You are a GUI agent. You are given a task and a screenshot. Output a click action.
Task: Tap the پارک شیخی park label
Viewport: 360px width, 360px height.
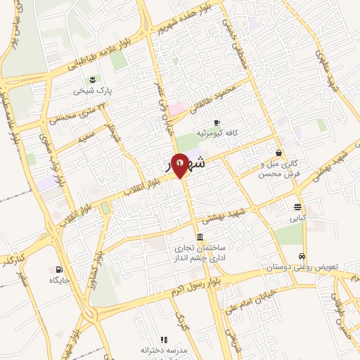click(x=94, y=91)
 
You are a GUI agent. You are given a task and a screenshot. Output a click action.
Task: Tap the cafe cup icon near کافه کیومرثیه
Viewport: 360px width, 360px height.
click(x=217, y=121)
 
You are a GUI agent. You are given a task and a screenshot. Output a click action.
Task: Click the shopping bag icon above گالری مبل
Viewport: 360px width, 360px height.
click(x=279, y=153)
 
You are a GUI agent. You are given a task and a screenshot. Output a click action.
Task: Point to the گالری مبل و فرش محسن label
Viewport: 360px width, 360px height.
click(x=278, y=168)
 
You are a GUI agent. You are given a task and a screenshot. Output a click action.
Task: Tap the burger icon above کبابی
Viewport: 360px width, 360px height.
click(x=299, y=207)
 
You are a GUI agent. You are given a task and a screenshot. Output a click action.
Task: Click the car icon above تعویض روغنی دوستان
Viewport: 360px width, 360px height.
click(x=302, y=257)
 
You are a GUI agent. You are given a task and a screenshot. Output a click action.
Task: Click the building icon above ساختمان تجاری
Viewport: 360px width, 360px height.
click(x=201, y=236)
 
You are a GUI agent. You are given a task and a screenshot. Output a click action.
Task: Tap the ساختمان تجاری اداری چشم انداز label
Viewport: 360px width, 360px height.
click(x=202, y=253)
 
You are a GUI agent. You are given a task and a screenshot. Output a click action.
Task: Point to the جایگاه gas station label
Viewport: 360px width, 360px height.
click(x=58, y=281)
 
